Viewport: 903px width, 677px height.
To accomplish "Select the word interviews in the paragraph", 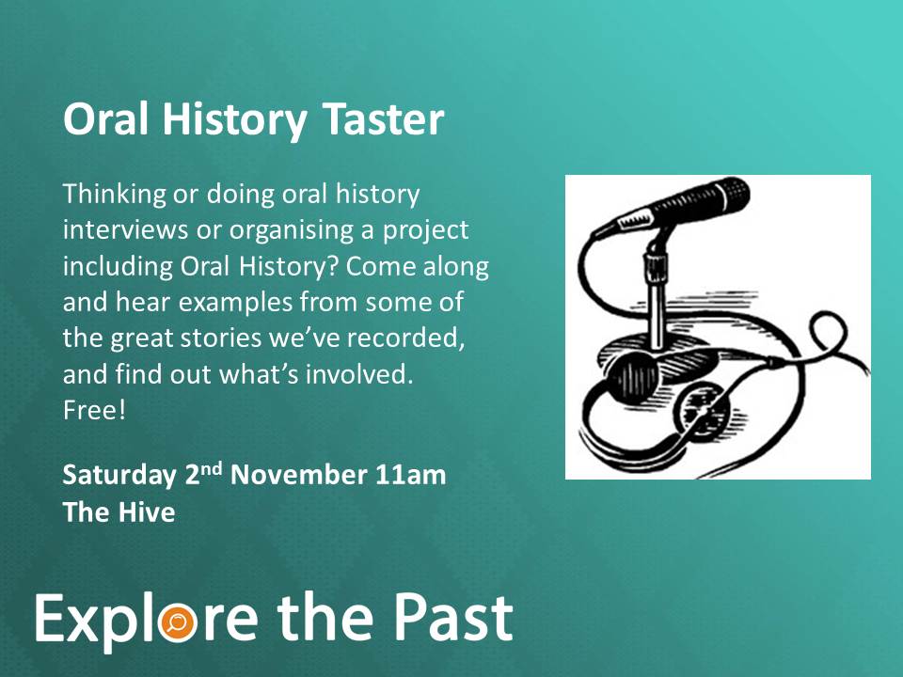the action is (125, 229).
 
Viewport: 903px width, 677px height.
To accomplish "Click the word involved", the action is (359, 374).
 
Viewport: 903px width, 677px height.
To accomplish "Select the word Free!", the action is (94, 411).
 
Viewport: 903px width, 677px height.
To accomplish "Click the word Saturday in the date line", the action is (119, 477).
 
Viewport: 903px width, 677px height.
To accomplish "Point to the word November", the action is (298, 476).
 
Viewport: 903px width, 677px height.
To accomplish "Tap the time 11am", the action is (411, 476).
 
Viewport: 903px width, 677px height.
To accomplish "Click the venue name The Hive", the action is (119, 512).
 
